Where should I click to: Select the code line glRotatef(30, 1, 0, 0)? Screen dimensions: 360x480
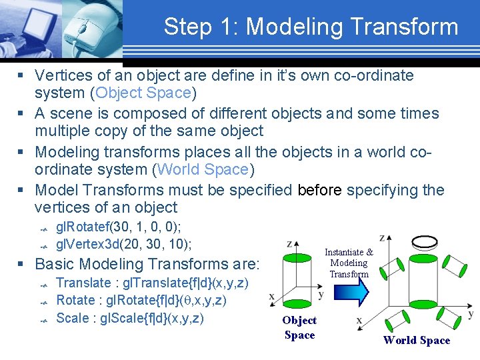pyautogui.click(x=119, y=227)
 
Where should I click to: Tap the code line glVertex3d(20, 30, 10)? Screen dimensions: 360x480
pyautogui.click(x=123, y=243)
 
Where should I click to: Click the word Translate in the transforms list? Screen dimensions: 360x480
pyautogui.click(x=83, y=283)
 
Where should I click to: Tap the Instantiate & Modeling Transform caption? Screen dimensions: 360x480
pyautogui.click(x=349, y=263)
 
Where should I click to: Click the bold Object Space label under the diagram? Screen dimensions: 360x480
pyautogui.click(x=299, y=327)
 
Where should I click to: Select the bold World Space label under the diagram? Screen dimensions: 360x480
pyautogui.click(x=417, y=340)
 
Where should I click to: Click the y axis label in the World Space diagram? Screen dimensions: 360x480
pyautogui.click(x=470, y=313)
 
